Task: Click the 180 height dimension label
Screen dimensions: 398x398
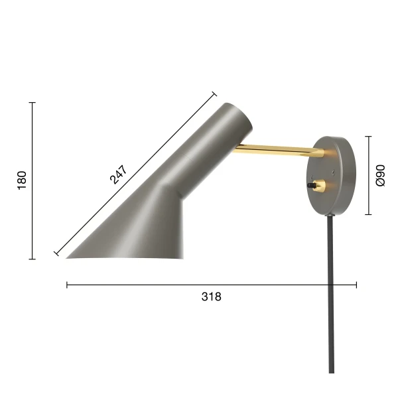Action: click(x=22, y=180)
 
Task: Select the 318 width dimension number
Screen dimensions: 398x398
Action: click(x=211, y=297)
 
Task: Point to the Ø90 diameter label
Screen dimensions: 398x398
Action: click(x=380, y=176)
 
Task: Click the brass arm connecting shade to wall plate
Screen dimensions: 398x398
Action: click(x=279, y=151)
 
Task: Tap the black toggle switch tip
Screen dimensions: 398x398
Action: click(x=309, y=186)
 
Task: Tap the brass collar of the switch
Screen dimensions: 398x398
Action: click(x=319, y=186)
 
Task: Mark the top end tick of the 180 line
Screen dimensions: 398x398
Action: click(x=32, y=103)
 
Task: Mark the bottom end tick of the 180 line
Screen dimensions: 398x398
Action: click(x=32, y=259)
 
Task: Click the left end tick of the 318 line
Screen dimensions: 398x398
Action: click(x=67, y=285)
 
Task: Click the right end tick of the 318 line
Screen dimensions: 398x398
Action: click(x=356, y=285)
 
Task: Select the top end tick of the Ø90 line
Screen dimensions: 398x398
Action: click(x=368, y=137)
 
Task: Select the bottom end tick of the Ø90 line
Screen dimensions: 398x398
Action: click(x=368, y=215)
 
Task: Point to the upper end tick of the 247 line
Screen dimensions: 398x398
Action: click(x=214, y=94)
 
